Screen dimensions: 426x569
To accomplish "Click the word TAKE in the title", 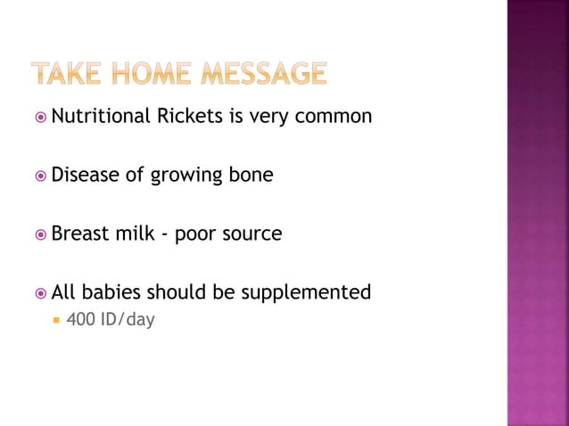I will click(x=69, y=73).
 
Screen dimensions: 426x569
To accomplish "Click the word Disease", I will click(x=86, y=175).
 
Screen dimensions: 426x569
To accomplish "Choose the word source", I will click(x=251, y=234).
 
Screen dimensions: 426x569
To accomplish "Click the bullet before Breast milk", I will click(x=40, y=234).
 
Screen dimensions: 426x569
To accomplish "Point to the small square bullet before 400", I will click(x=55, y=319).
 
